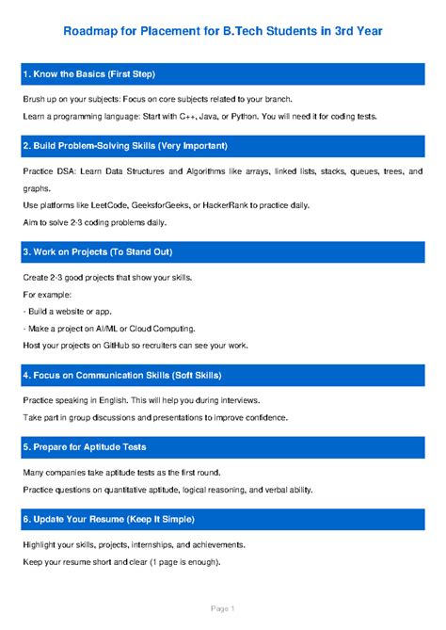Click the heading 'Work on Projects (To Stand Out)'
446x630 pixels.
pyautogui.click(x=110, y=252)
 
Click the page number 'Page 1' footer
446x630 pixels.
pyautogui.click(x=223, y=609)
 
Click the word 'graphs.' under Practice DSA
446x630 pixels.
pyautogui.click(x=37, y=187)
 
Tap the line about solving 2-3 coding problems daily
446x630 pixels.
pyautogui.click(x=94, y=222)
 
